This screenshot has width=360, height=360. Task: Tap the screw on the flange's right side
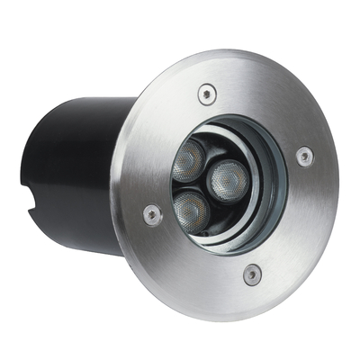coord(304,156)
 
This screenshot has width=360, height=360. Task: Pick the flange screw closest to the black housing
coord(153,213)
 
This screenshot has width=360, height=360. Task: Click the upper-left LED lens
coord(190,160)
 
